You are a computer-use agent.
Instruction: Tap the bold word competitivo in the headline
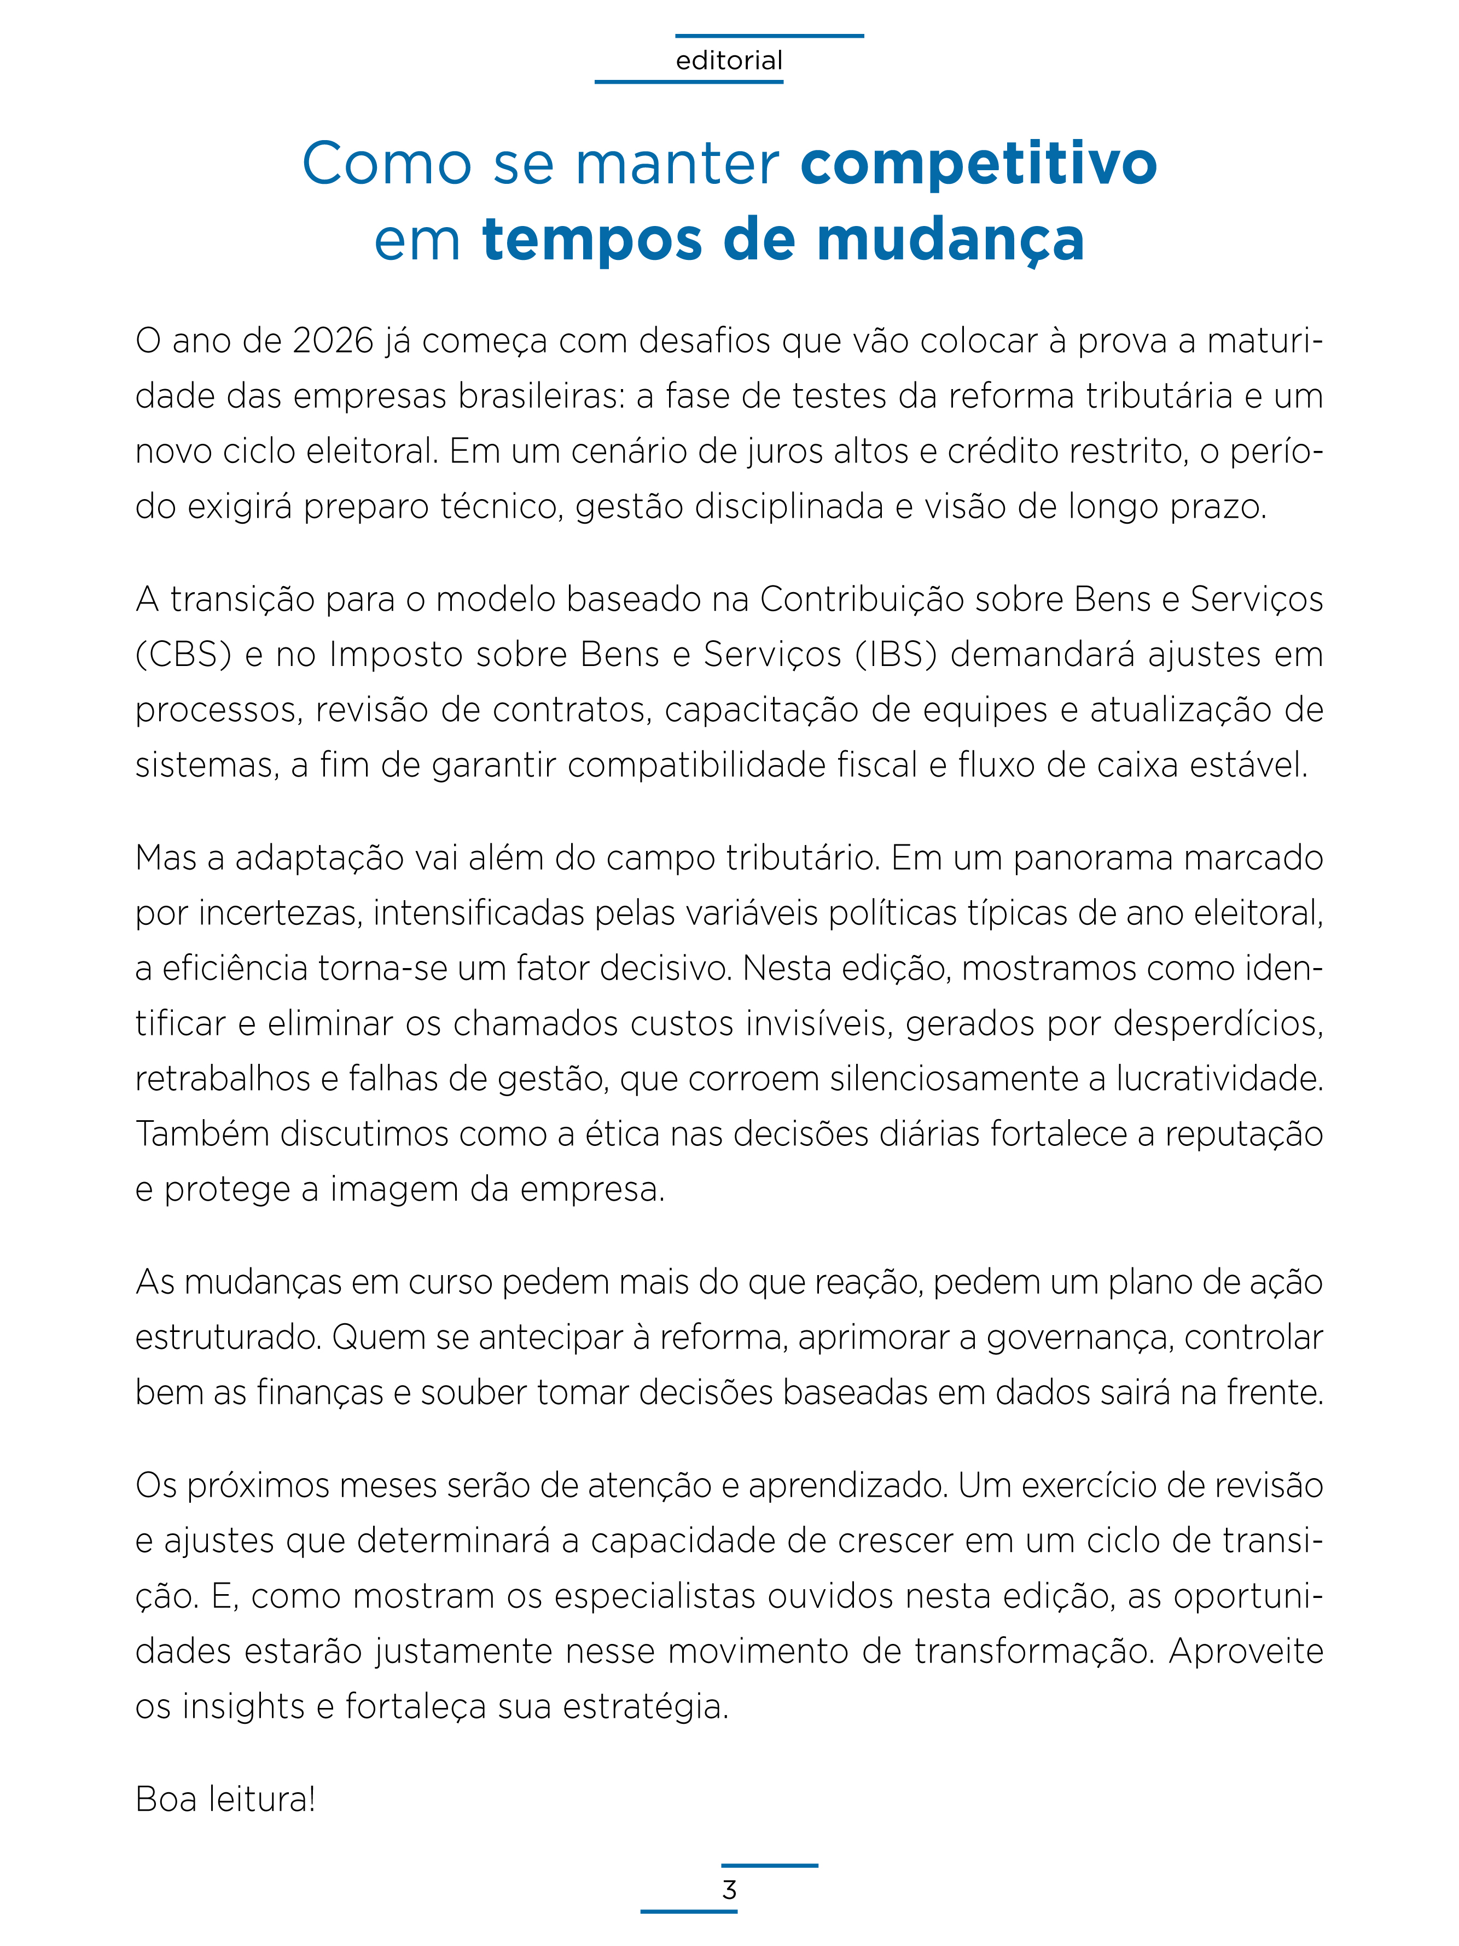tap(978, 164)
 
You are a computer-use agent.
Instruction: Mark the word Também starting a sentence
tap(202, 1134)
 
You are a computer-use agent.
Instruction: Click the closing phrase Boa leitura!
tap(225, 1799)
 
